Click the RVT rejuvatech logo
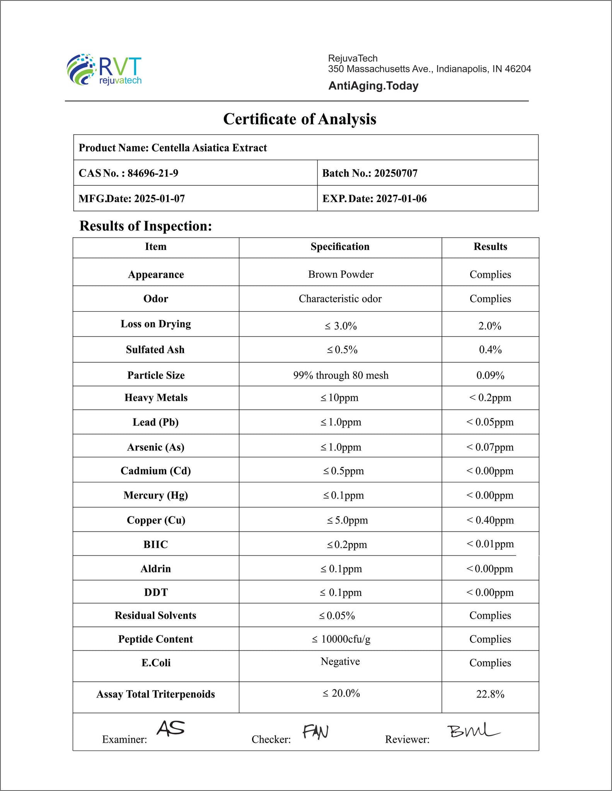(x=104, y=70)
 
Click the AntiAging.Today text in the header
(x=373, y=86)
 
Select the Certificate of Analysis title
(x=300, y=119)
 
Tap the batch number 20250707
(x=396, y=173)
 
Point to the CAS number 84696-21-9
(x=153, y=173)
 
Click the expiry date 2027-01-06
(x=401, y=199)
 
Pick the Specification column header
(x=340, y=247)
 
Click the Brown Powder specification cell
(x=341, y=274)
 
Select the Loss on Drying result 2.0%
(x=490, y=326)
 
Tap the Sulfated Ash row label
(x=155, y=350)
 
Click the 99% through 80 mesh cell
(x=341, y=375)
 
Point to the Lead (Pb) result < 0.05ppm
(x=490, y=422)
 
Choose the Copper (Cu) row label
(x=156, y=520)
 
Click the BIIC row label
(x=156, y=545)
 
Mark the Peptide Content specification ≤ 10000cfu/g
(x=341, y=639)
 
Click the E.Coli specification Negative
(x=340, y=662)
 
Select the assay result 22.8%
(x=490, y=694)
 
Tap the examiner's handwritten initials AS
(x=170, y=728)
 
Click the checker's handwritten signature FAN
(x=315, y=731)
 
